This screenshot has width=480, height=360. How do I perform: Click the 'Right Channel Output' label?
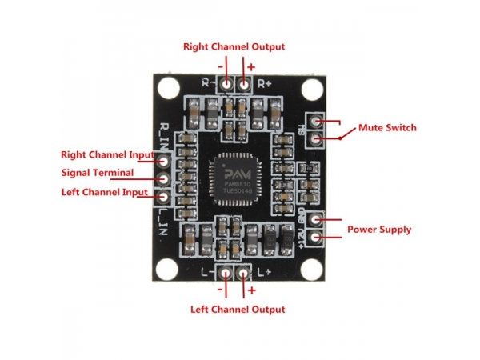click(234, 46)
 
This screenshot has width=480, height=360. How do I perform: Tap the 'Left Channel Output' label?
click(237, 309)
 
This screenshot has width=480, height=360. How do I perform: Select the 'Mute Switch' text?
click(387, 128)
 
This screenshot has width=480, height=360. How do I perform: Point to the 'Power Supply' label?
click(378, 230)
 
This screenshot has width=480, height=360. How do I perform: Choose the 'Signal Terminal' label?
click(98, 173)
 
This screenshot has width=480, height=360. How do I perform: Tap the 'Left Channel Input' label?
click(104, 192)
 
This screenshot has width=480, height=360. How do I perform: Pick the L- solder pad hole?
click(223, 273)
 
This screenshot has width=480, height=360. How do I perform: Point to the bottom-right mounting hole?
click(306, 268)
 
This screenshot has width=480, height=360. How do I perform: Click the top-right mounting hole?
click(306, 86)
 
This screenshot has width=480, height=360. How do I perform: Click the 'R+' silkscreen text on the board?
click(265, 82)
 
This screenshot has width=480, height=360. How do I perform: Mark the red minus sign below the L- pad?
click(222, 291)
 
